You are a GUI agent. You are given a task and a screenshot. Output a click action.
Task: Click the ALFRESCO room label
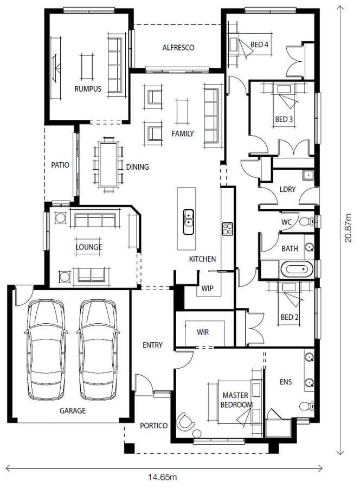click(x=178, y=48)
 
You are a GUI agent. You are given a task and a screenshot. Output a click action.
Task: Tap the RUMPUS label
click(x=88, y=89)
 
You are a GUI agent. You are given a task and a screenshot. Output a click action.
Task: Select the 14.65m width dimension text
click(x=163, y=477)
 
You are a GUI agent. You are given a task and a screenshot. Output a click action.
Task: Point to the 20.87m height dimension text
click(x=348, y=228)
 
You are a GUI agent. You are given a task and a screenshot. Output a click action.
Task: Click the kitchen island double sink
click(x=188, y=222)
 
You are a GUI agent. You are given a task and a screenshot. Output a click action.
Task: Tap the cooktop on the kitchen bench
click(x=227, y=229)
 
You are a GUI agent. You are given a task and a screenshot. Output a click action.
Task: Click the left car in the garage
click(x=46, y=350)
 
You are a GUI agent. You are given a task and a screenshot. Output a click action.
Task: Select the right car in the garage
click(x=98, y=350)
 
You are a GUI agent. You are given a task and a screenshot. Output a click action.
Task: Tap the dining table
click(x=108, y=164)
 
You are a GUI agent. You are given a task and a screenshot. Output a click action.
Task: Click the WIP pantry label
click(x=207, y=288)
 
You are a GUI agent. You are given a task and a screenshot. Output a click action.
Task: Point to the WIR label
click(x=203, y=332)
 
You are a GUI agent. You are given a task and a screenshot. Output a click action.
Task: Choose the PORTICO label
click(x=154, y=426)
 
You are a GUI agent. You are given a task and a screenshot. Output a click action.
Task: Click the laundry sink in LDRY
click(x=308, y=175)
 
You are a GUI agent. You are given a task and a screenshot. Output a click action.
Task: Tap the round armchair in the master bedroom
click(x=185, y=422)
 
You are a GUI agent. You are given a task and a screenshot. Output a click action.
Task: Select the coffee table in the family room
click(x=182, y=111)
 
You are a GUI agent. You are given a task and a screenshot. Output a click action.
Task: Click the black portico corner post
click(x=129, y=448)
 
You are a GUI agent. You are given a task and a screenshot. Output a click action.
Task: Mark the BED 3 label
click(x=284, y=119)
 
